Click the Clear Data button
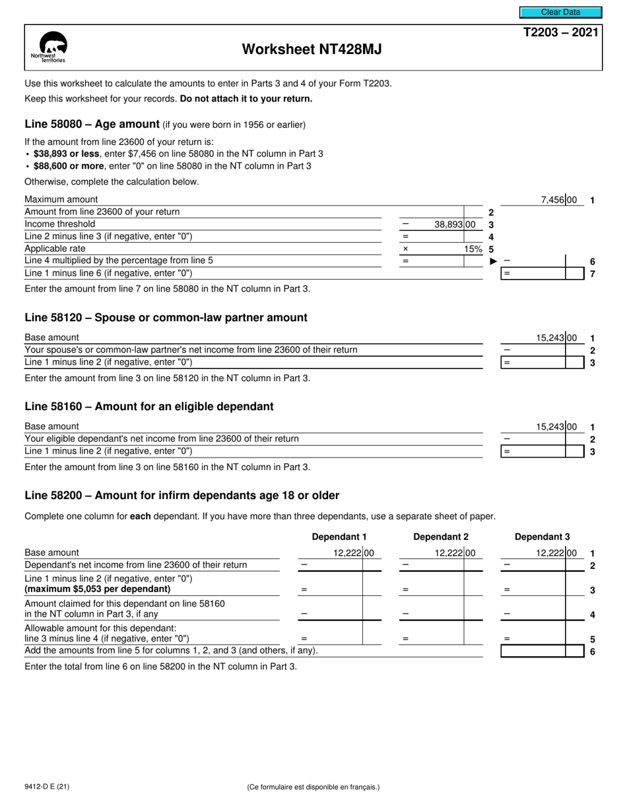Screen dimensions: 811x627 click(560, 12)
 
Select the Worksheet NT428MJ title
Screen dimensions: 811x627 click(312, 49)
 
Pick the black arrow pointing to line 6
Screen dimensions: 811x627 click(493, 262)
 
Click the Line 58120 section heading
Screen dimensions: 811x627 click(166, 318)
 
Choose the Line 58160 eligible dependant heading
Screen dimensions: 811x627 click(148, 407)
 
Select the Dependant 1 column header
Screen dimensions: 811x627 click(339, 537)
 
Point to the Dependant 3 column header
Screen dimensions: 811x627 click(542, 537)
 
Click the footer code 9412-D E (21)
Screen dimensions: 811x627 click(47, 787)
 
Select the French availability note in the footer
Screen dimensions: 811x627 click(313, 787)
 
